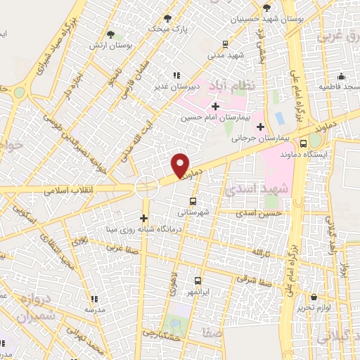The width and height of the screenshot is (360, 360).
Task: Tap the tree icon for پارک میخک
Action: pos(167,18)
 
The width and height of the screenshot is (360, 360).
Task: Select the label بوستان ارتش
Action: pos(105,45)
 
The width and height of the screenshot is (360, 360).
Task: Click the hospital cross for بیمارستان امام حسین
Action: pos(215,106)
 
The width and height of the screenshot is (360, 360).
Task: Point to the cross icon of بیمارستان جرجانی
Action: pos(261,127)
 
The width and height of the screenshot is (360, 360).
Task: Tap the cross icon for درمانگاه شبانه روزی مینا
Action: pos(145,218)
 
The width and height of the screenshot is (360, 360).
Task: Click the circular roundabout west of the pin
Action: pos(146,187)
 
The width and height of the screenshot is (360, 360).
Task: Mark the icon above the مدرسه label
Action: pos(94,299)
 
